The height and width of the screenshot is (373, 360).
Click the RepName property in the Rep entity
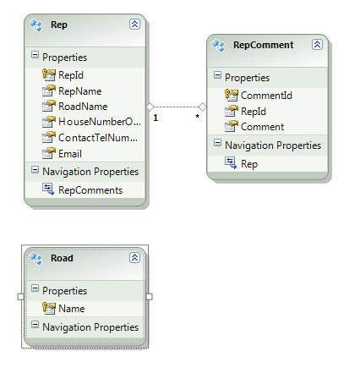point(80,91)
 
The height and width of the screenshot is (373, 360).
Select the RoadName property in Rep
point(83,107)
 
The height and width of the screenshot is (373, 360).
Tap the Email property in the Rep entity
point(70,154)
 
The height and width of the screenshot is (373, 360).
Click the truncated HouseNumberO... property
point(100,122)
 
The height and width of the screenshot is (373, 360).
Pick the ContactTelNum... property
point(98,138)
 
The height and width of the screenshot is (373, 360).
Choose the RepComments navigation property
point(90,190)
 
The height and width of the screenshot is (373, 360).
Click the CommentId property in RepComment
point(266,96)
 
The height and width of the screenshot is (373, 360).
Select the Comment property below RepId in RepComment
point(263,127)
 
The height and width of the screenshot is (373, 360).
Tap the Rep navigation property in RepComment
point(249,164)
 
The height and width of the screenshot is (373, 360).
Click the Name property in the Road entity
point(72,309)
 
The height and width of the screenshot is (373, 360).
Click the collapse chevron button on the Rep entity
point(134,25)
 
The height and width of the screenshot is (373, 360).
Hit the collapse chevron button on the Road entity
point(134,258)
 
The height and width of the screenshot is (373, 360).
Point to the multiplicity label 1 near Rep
point(155,118)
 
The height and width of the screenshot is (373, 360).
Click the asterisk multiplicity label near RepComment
point(198,117)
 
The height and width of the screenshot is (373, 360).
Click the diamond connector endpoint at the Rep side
point(150,107)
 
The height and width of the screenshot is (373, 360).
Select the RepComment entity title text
point(264,45)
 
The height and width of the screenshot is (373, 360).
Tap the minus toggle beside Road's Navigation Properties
point(35,325)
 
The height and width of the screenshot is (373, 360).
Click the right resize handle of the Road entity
point(150,297)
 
